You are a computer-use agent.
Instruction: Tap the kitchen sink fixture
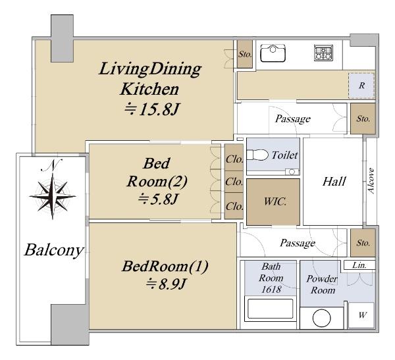point(273,53)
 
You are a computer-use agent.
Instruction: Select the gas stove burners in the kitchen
point(323,53)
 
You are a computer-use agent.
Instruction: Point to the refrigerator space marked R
point(361,86)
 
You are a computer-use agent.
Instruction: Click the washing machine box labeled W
point(362,315)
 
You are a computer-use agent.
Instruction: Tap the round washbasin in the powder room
point(321,318)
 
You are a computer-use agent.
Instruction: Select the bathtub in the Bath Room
point(271,309)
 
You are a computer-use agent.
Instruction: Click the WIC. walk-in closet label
point(275,201)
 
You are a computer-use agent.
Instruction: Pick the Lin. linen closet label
point(359,265)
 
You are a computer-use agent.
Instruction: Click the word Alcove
point(371,180)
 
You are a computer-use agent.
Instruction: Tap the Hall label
point(334,182)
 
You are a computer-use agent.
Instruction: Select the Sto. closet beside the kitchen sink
point(245,54)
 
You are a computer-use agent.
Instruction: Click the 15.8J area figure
point(153,110)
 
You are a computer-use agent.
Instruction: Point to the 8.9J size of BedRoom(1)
point(166,284)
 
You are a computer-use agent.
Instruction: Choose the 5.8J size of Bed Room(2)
point(158,199)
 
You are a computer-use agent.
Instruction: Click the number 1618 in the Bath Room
point(271,290)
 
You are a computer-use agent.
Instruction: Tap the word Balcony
point(54,250)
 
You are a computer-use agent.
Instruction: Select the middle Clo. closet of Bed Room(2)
point(234,182)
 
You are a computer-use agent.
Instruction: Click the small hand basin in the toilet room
point(292,172)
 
